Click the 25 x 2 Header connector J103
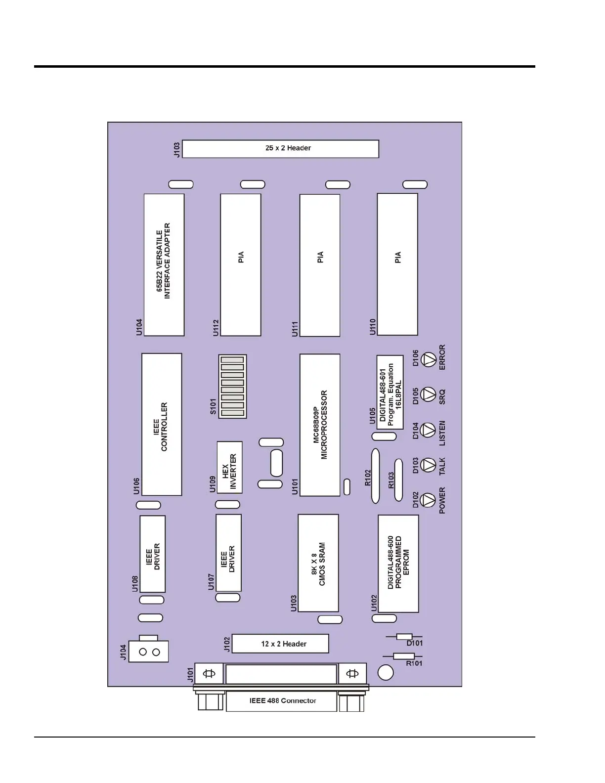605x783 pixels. [x=280, y=149]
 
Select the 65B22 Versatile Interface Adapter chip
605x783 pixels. [x=164, y=265]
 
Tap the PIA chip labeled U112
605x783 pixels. [x=240, y=265]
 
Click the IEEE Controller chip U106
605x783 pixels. [x=162, y=424]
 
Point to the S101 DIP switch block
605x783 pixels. [x=232, y=386]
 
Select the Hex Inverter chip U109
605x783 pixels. [x=229, y=467]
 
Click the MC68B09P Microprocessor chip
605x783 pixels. [x=319, y=425]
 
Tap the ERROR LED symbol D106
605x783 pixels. [x=428, y=359]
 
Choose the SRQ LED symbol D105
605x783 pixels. [x=428, y=394]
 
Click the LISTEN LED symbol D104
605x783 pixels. [x=428, y=430]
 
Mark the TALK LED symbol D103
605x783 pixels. [x=428, y=465]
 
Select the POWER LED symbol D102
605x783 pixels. [x=428, y=500]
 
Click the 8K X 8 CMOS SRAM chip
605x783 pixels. [x=318, y=563]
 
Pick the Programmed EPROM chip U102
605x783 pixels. [x=398, y=564]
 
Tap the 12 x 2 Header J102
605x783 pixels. [x=280, y=644]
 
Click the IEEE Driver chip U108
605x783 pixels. [x=153, y=554]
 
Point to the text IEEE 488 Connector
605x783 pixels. [x=282, y=700]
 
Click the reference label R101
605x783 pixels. [x=414, y=663]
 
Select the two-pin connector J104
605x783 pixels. [x=149, y=652]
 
